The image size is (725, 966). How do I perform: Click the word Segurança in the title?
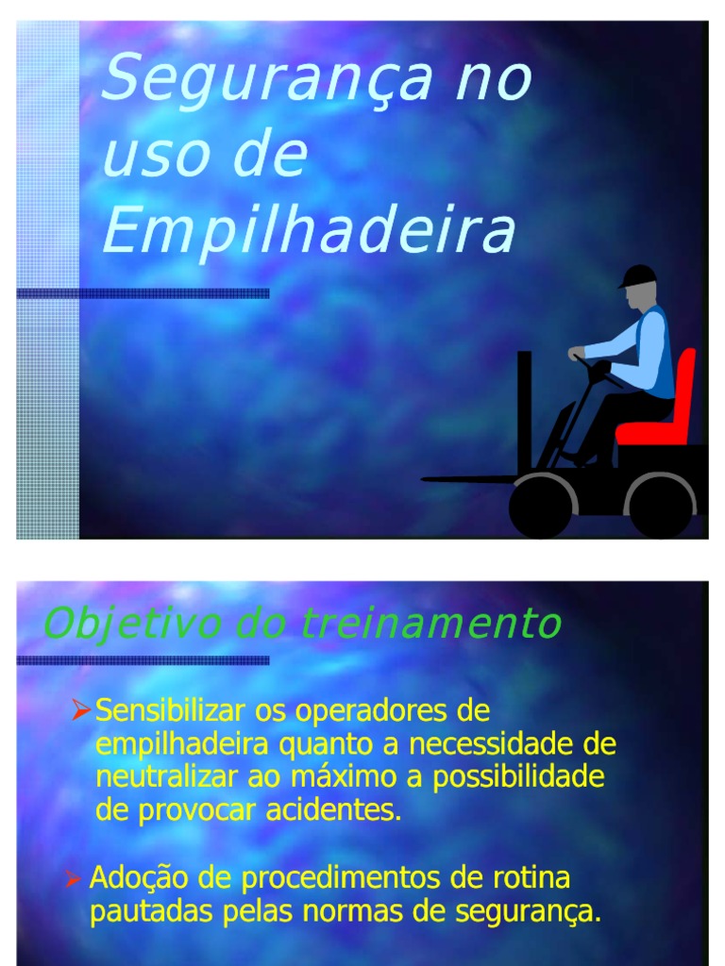coord(265,79)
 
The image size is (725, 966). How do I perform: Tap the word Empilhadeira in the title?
coord(309,230)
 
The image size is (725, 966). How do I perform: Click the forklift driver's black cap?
coord(638,276)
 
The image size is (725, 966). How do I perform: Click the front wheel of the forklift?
coord(541,507)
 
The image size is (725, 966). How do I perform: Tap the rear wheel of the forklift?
coord(660,507)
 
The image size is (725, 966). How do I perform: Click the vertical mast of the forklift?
coord(524,413)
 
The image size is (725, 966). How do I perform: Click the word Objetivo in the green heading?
coord(130,625)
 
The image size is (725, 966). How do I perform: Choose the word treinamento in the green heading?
coord(430,623)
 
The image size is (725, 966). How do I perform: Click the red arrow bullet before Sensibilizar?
coord(81,709)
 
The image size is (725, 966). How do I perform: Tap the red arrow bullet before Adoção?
coord(74,878)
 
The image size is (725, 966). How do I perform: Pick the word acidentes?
coord(333,809)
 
